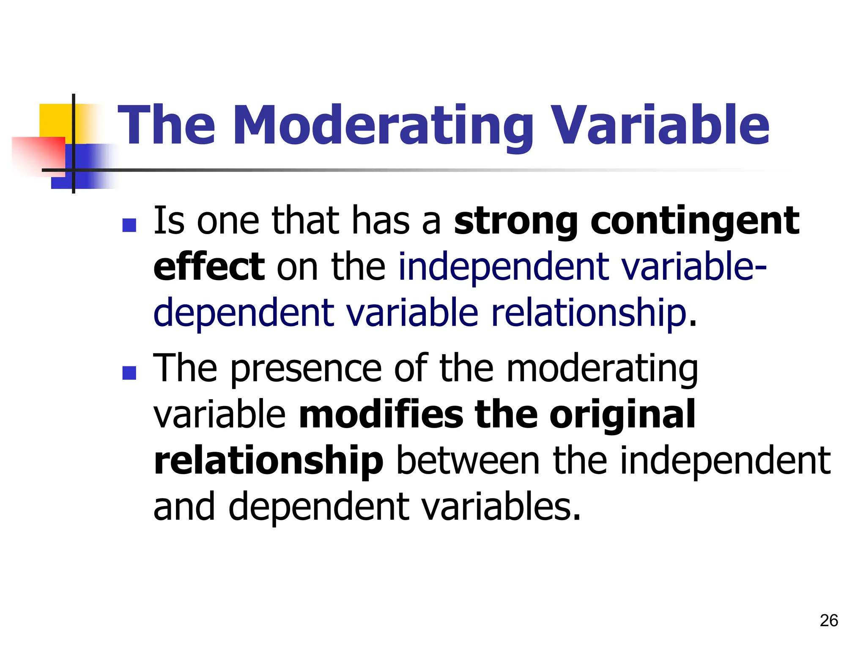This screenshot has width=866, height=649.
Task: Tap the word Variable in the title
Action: pos(660,125)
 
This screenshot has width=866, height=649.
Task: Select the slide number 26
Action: pos(829,620)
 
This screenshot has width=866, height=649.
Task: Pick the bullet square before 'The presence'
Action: pos(129,373)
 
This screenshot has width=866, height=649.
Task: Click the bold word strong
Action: pos(515,222)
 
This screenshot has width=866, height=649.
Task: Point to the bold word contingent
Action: pos(694,222)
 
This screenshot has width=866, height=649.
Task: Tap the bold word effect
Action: pos(209,267)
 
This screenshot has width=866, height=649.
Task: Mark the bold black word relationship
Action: pos(269,461)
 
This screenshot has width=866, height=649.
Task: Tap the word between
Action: pos(468,461)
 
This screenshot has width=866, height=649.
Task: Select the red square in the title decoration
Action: pos(38,154)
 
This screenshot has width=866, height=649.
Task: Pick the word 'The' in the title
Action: pos(166,125)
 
